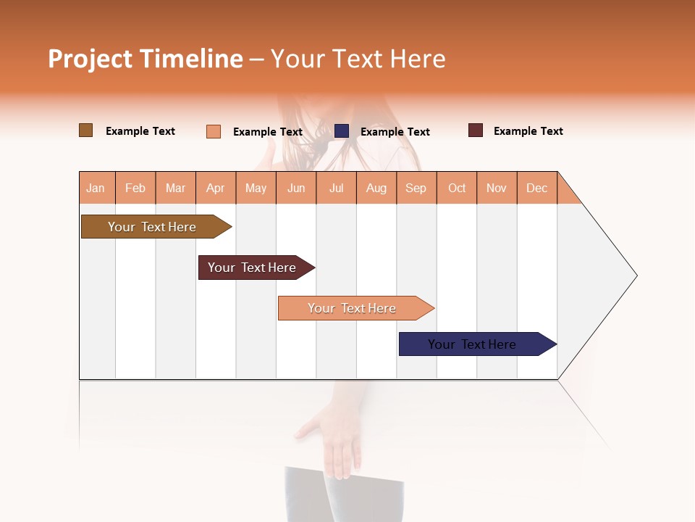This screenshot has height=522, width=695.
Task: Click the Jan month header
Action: [x=96, y=188]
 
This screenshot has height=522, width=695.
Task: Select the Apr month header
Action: [x=216, y=188]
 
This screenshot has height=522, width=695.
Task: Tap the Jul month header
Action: [x=336, y=188]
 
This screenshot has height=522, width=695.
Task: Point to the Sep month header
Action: [x=416, y=188]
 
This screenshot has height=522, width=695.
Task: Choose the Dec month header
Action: [x=536, y=188]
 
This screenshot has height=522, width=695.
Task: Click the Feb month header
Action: [x=135, y=188]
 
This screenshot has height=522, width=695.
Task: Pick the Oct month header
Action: [x=457, y=188]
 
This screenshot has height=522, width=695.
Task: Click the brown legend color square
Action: [x=86, y=130]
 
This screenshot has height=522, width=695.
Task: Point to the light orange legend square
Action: [x=214, y=131]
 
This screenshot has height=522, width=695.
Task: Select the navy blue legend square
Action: [x=342, y=131]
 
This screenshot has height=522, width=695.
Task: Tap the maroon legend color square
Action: [x=476, y=130]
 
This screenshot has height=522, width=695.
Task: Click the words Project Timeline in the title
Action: [x=146, y=59]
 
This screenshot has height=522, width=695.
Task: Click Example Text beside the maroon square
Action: [x=528, y=131]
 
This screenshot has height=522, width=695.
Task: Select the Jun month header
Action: [x=296, y=188]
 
